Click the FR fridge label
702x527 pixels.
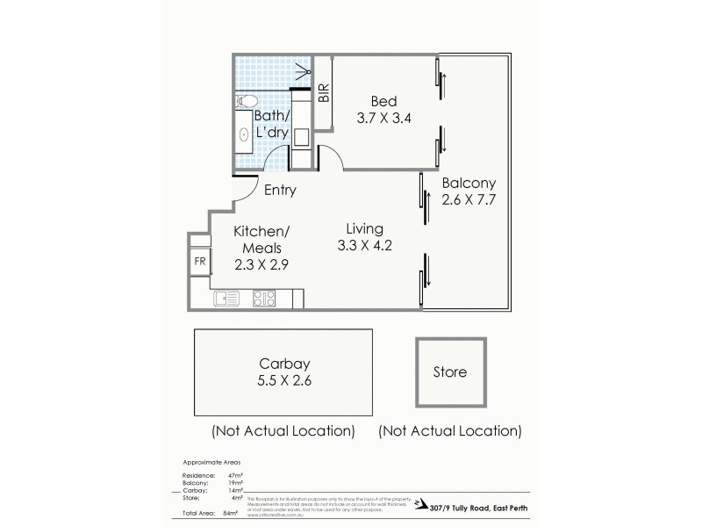click(198, 261)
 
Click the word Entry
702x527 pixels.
click(280, 190)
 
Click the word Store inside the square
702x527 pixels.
click(450, 372)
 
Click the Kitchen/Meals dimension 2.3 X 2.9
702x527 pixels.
click(260, 262)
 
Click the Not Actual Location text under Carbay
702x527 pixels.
click(283, 431)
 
